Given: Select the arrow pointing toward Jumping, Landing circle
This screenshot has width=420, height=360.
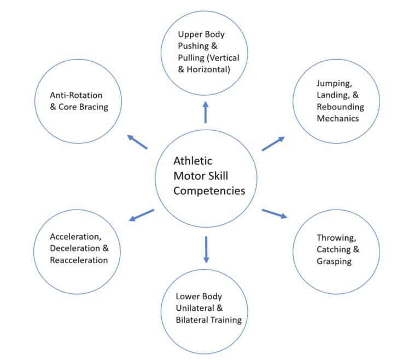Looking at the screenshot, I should pyautogui.click(x=273, y=143).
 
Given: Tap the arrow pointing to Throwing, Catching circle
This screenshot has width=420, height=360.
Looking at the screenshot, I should pyautogui.click(x=274, y=213).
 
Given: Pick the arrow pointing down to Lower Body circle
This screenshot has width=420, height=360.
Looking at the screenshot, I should pyautogui.click(x=206, y=249).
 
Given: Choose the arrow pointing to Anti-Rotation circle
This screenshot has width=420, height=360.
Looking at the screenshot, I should pyautogui.click(x=137, y=142).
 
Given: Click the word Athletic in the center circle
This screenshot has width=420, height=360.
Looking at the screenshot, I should pyautogui.click(x=192, y=161).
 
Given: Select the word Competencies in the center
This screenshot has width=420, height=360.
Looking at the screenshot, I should pyautogui.click(x=209, y=191).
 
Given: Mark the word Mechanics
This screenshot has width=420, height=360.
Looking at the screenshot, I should pyautogui.click(x=337, y=118).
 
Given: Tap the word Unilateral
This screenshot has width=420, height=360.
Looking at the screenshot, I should pyautogui.click(x=196, y=309).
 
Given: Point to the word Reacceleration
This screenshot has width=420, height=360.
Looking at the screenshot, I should pyautogui.click(x=79, y=260).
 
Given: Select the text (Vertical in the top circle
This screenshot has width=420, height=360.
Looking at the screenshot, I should pyautogui.click(x=223, y=57).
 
